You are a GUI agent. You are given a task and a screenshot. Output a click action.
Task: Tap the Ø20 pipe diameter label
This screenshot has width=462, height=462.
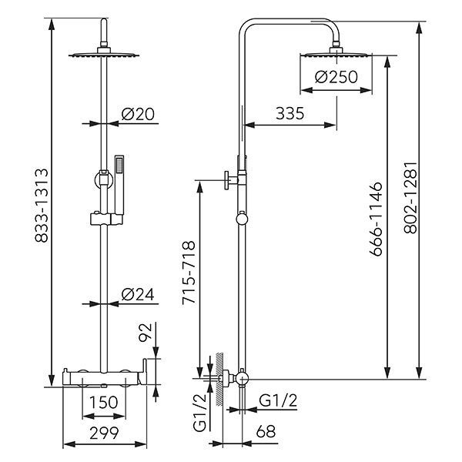139,113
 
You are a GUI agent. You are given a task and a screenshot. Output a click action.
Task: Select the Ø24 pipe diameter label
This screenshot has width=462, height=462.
139,293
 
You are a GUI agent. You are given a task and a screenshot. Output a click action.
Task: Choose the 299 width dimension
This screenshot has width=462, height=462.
102,432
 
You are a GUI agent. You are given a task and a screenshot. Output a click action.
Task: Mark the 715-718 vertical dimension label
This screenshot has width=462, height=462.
187,274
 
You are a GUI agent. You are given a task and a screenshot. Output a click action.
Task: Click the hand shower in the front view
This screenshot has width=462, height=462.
119,185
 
